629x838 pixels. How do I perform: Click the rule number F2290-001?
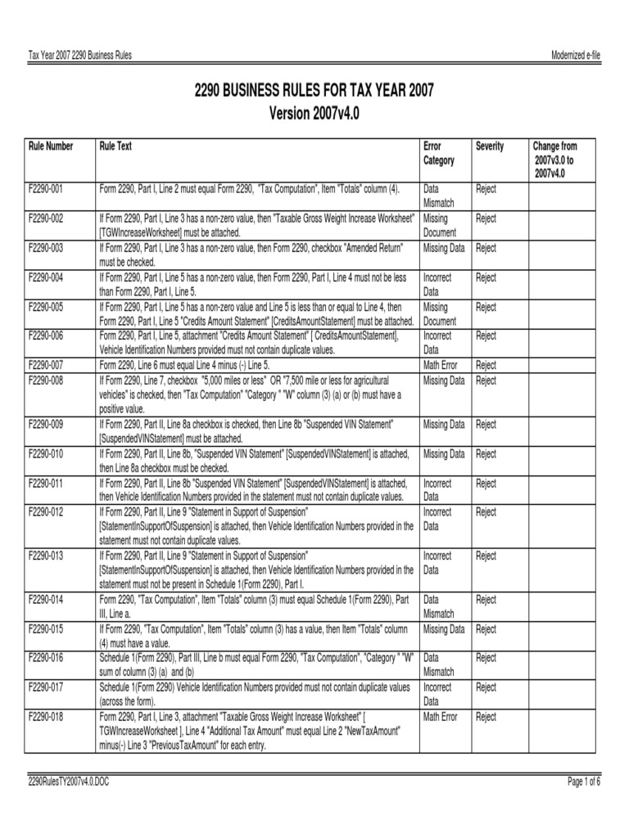point(46,189)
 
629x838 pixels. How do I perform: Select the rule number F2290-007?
point(46,365)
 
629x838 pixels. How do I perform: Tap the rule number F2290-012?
point(46,512)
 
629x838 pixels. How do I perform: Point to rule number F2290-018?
point(46,717)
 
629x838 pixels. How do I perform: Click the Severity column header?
point(490,146)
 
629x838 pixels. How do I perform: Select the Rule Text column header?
point(115,146)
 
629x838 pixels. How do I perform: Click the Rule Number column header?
point(51,146)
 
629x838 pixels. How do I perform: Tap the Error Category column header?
point(438,153)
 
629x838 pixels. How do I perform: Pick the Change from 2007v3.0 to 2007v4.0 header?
point(554,160)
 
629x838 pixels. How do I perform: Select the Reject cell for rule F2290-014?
point(486,600)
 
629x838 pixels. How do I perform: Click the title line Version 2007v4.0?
point(314,111)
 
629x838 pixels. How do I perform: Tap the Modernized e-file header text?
point(577,55)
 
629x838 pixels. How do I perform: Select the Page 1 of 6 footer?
point(584,782)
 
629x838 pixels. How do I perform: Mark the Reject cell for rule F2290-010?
point(486,454)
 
